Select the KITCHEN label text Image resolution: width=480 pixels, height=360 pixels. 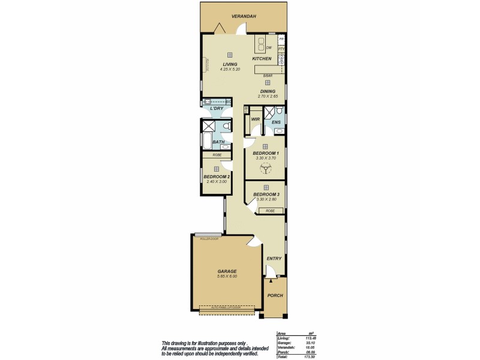[x=262, y=58]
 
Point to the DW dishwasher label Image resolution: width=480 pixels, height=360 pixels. [x=269, y=47]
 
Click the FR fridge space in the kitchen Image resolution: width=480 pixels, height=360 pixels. [x=281, y=39]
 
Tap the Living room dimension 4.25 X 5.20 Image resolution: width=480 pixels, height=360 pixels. [x=230, y=70]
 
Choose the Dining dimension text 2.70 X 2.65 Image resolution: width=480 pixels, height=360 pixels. [x=268, y=96]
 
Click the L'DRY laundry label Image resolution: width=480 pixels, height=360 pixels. [x=217, y=109]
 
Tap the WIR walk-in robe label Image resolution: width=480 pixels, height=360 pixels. [x=254, y=119]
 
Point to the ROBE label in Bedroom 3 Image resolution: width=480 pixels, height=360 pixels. [x=271, y=211]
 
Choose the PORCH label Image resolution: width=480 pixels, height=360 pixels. [x=275, y=295]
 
